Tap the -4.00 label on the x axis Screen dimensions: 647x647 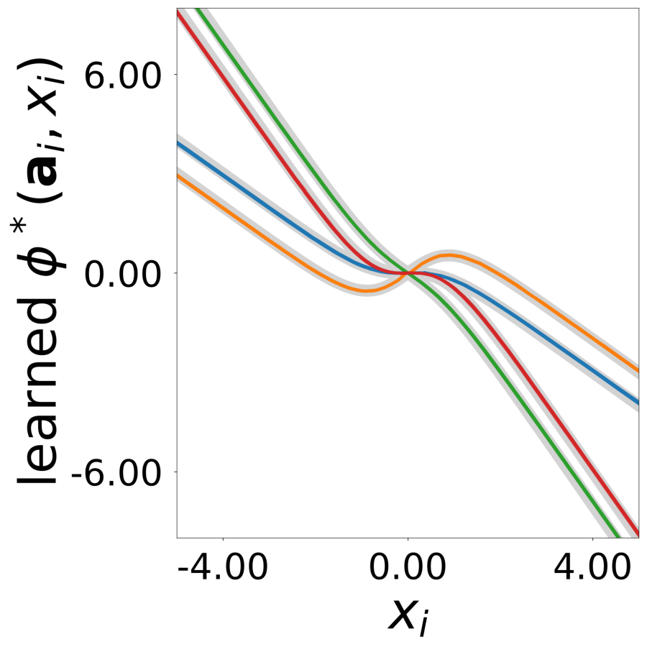click(x=223, y=570)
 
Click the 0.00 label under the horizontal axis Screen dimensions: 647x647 click(x=408, y=570)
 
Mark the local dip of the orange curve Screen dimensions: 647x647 click(x=366, y=290)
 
